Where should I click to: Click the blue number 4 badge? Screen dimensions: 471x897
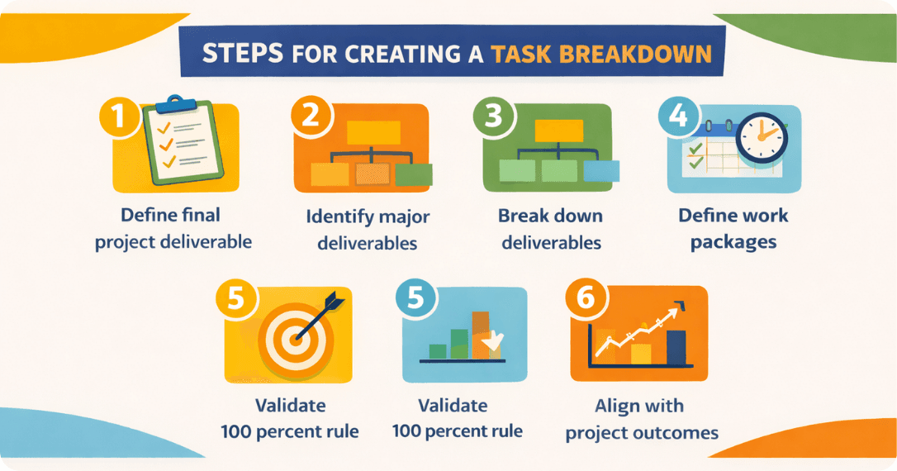point(677,118)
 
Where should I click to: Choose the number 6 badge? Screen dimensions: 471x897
point(585,297)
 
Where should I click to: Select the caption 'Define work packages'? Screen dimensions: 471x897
point(733,229)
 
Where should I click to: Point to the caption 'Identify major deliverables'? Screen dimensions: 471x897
point(368,230)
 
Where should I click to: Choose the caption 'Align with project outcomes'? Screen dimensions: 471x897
point(641,420)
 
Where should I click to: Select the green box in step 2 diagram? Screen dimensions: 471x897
point(414,174)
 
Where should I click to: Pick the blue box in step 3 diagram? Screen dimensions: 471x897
point(601,170)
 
